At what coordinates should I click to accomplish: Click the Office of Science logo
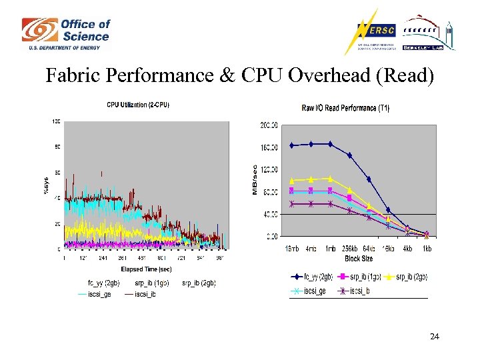pos(65,34)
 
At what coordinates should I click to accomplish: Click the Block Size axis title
pos(359,257)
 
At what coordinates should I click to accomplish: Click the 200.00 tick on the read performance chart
pos(269,125)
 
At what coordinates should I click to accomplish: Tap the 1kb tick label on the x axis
pos(427,248)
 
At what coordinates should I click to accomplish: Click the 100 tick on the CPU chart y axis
pos(56,121)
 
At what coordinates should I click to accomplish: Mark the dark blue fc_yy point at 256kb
pos(349,155)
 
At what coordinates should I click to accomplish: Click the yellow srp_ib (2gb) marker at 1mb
pos(330,178)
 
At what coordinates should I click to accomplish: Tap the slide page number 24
pos(435,337)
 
